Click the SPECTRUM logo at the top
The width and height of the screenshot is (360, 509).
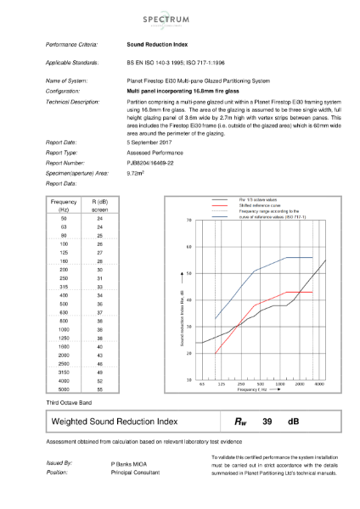pos(180,16)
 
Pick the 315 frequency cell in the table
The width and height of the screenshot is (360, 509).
pos(64,287)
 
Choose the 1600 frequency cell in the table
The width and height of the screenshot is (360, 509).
pos(64,346)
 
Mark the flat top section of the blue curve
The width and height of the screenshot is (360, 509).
pos(299,257)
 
